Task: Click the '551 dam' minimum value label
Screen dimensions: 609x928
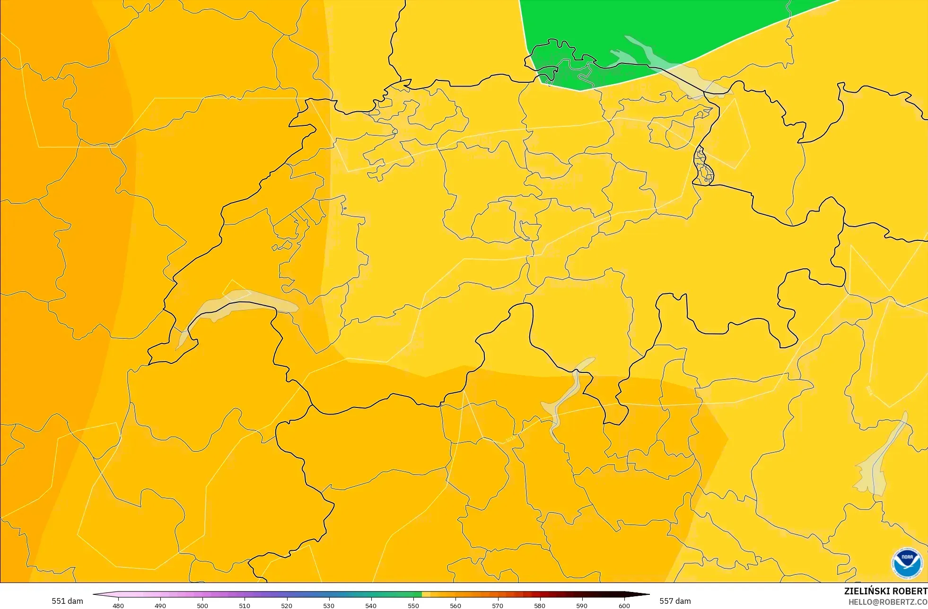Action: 67,601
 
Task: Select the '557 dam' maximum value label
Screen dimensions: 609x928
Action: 675,601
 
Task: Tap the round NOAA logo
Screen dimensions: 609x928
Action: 907,563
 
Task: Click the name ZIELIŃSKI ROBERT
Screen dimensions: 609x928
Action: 885,591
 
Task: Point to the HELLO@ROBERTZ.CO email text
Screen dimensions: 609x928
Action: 887,602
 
